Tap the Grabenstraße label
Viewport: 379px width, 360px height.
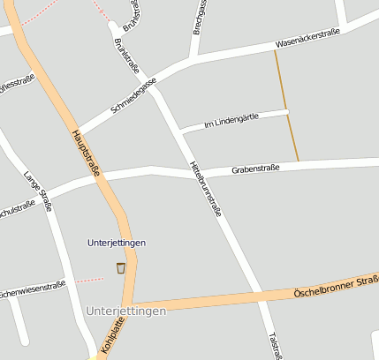pos(255,168)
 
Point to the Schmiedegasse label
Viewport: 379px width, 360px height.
pos(133,95)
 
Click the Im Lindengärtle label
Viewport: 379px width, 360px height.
pos(231,122)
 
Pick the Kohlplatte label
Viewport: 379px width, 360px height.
pos(113,337)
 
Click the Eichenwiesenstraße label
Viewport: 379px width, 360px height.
pos(30,289)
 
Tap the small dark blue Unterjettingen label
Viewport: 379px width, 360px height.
pos(117,243)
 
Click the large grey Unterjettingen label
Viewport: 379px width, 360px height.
pos(126,311)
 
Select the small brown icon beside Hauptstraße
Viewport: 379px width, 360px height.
pos(120,267)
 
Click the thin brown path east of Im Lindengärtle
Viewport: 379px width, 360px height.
pos(286,106)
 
